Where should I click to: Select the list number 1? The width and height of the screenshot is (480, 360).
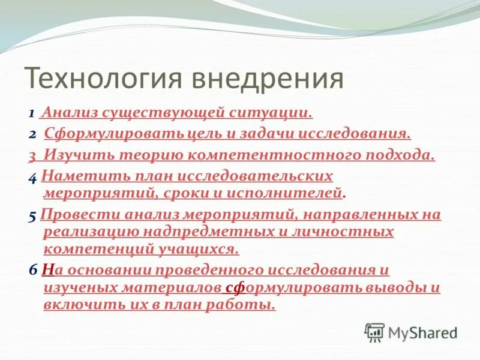[31, 113]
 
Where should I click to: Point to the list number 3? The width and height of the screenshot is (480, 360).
[31, 155]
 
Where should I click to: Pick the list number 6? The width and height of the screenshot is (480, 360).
[32, 271]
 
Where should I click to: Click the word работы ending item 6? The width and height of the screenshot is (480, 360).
[246, 305]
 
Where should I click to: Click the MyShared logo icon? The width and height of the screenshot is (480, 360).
[374, 332]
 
